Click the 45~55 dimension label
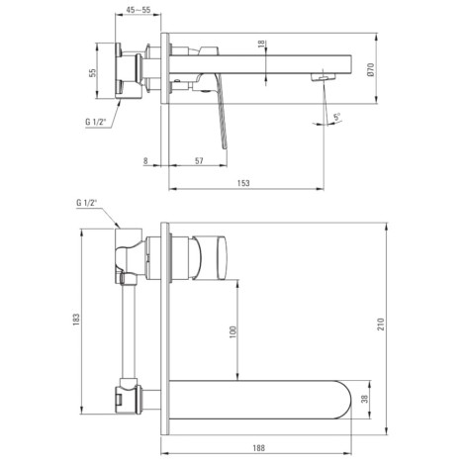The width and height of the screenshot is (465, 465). (x=139, y=10)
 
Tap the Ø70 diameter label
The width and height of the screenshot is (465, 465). (x=371, y=69)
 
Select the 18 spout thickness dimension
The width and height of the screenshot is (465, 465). (x=261, y=44)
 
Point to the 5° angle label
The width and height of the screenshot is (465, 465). (x=336, y=117)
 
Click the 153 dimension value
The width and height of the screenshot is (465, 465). (x=243, y=183)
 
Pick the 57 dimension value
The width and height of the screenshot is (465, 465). (x=199, y=160)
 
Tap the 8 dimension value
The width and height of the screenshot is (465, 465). (x=145, y=160)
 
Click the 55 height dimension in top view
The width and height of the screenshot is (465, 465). (x=92, y=72)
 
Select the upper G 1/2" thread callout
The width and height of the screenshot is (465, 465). (x=96, y=122)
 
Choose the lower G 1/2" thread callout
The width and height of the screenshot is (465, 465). (x=87, y=203)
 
